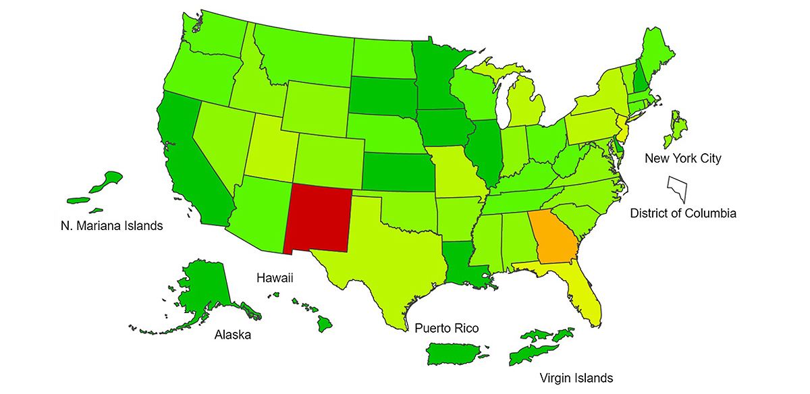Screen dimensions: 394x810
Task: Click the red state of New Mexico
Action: click(x=318, y=216)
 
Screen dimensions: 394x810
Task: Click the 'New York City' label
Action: click(x=682, y=159)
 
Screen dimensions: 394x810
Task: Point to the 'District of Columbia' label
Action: click(x=682, y=213)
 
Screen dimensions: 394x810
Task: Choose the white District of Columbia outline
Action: click(x=676, y=188)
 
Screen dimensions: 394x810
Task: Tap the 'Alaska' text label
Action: click(x=232, y=335)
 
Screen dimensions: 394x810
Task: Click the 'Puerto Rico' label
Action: click(x=446, y=329)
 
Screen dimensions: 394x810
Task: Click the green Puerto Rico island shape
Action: click(x=455, y=353)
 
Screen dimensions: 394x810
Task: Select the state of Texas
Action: click(x=385, y=263)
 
